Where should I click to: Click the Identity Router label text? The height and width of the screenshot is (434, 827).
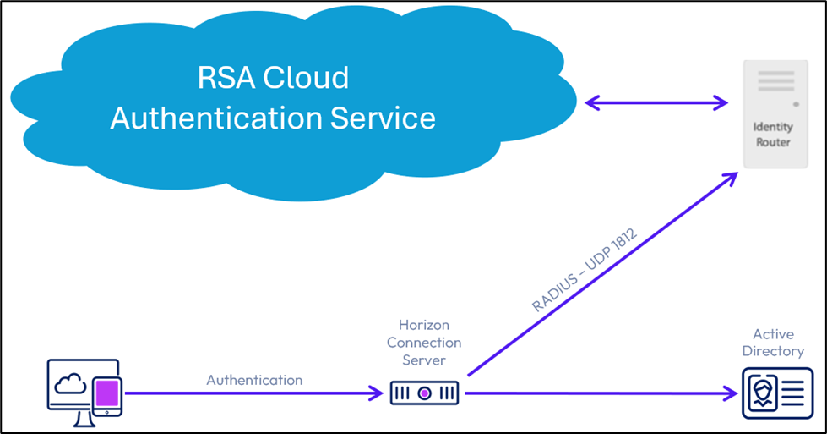tap(772, 135)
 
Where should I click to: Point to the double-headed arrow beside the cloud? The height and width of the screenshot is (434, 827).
tap(656, 103)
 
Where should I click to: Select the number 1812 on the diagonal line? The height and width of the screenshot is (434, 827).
tap(623, 241)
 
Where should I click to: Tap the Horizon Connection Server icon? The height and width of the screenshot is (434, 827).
tap(424, 393)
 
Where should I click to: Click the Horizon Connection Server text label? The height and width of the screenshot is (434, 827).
tap(424, 343)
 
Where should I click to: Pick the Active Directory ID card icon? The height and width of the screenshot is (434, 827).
tap(777, 393)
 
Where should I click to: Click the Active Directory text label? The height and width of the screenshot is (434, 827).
tap(778, 342)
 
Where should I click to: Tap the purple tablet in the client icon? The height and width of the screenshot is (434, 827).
tap(107, 393)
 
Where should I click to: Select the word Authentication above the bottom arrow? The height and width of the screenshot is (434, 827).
tap(254, 380)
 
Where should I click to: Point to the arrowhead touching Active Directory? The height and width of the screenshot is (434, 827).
tap(732, 393)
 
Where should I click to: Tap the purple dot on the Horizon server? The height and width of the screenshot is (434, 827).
tap(424, 393)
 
